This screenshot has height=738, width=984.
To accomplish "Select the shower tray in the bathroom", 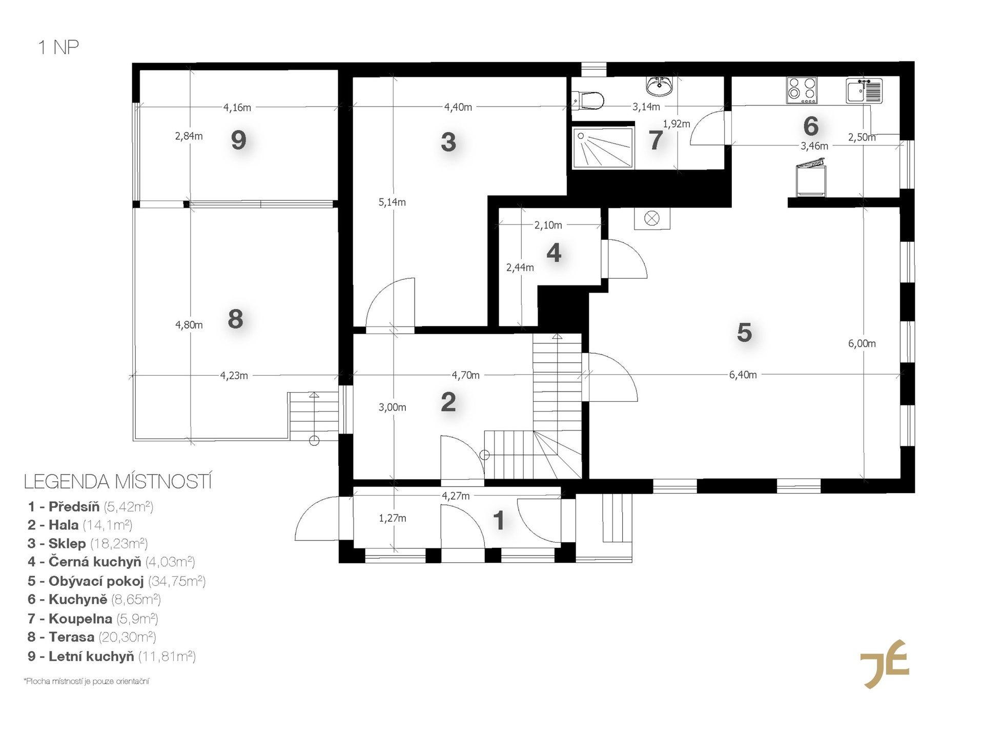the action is [x=603, y=148].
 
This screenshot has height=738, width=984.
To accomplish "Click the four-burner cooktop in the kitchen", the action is [x=802, y=88].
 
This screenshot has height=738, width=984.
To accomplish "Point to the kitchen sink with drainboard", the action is [x=864, y=90].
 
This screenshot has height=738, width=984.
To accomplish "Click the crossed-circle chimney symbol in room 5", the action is [x=652, y=219].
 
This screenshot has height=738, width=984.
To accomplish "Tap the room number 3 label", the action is [x=448, y=142].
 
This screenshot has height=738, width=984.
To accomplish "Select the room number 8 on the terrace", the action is [x=235, y=319].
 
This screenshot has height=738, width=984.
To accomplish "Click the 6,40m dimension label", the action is [x=743, y=375].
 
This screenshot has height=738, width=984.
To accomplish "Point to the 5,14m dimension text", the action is [x=392, y=202].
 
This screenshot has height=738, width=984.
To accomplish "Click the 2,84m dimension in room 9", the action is [x=189, y=136].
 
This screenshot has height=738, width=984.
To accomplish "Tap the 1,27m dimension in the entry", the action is [x=393, y=518].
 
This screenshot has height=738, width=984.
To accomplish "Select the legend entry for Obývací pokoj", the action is [x=117, y=581].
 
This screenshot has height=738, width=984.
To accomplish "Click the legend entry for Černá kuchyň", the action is [x=111, y=562].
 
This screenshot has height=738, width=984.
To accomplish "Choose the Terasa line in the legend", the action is [x=92, y=637].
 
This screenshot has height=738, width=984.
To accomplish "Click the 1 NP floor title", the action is [x=58, y=48].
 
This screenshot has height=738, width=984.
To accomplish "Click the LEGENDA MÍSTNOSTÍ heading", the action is [x=118, y=482].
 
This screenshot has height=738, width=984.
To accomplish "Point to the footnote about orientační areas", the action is [x=86, y=682].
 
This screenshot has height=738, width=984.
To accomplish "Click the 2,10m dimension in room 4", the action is [x=548, y=225].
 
